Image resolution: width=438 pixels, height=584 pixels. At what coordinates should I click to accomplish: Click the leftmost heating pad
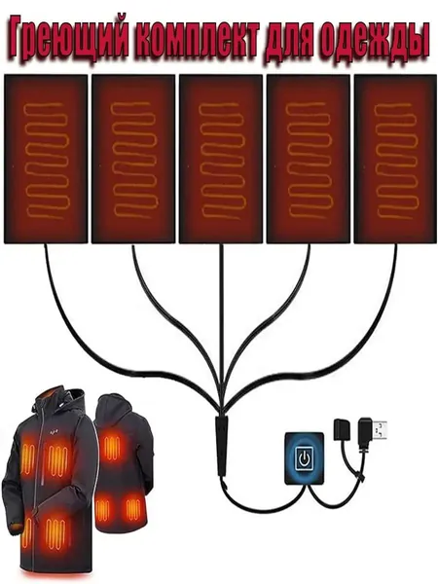pos(46,159)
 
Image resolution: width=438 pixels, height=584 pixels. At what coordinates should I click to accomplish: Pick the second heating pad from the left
pos(133,159)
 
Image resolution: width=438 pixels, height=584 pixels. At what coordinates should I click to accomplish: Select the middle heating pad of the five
pos(221,159)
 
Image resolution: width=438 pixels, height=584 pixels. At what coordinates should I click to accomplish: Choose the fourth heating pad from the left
pos(309,159)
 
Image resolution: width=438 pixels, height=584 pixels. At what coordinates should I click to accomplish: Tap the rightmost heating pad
pos(395,159)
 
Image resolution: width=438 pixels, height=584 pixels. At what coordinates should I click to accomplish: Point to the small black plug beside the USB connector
pos(341,427)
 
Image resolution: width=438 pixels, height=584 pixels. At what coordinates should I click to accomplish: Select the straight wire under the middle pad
pos(222,328)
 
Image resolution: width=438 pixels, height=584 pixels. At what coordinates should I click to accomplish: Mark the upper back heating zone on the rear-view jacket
pos(112,446)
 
